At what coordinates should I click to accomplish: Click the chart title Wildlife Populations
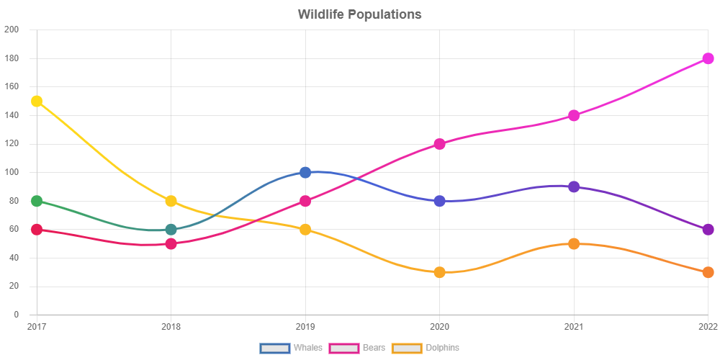click(x=359, y=14)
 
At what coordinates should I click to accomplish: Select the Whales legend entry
click(x=292, y=348)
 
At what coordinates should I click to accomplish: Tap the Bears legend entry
click(x=359, y=348)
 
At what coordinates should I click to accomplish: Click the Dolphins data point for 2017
click(x=37, y=102)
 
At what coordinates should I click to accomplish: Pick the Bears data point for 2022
click(x=708, y=58)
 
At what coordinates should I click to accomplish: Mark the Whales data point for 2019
click(x=305, y=173)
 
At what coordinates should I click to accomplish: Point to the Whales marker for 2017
click(x=37, y=201)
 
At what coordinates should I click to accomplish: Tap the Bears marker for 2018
click(x=171, y=243)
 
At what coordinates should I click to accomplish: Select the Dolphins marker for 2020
click(x=439, y=272)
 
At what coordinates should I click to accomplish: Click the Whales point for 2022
click(x=708, y=230)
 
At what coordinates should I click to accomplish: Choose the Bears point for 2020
click(x=439, y=144)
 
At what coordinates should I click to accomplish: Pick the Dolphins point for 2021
click(x=574, y=243)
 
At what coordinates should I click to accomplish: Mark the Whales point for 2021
click(x=574, y=187)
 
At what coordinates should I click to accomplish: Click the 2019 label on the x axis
click(x=305, y=327)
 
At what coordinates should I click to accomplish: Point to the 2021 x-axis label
click(x=574, y=327)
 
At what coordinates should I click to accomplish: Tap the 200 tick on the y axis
click(x=12, y=30)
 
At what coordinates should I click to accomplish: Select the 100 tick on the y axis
click(x=12, y=172)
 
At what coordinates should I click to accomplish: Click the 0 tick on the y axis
click(x=16, y=315)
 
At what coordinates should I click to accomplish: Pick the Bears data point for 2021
click(x=574, y=115)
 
